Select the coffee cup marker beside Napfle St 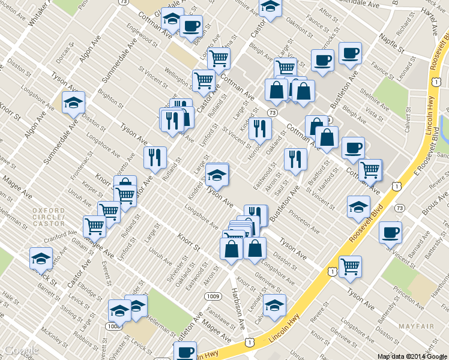[x=349, y=53]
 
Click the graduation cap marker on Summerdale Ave [x=73, y=103]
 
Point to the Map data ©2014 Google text [x=412, y=356]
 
